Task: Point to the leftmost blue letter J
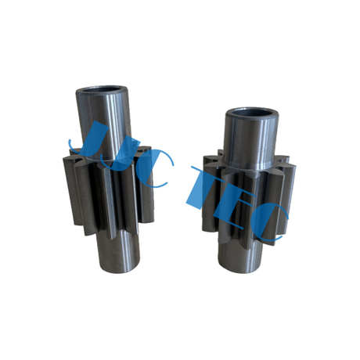pos(81,141)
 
